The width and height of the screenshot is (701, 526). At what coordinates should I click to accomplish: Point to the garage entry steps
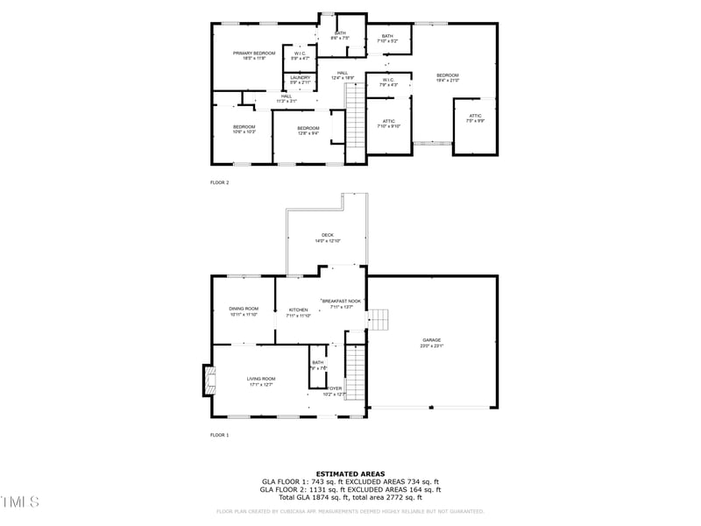point(378,320)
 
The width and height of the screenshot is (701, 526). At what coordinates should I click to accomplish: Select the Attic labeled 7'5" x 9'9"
point(475,117)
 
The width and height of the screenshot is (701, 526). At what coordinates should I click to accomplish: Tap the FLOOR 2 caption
point(219,182)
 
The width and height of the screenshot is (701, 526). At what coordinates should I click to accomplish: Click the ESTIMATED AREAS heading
point(350,473)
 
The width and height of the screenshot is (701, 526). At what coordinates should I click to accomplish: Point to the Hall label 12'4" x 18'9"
point(343,75)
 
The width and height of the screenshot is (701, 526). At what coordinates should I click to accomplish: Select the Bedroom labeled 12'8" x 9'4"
point(308,131)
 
